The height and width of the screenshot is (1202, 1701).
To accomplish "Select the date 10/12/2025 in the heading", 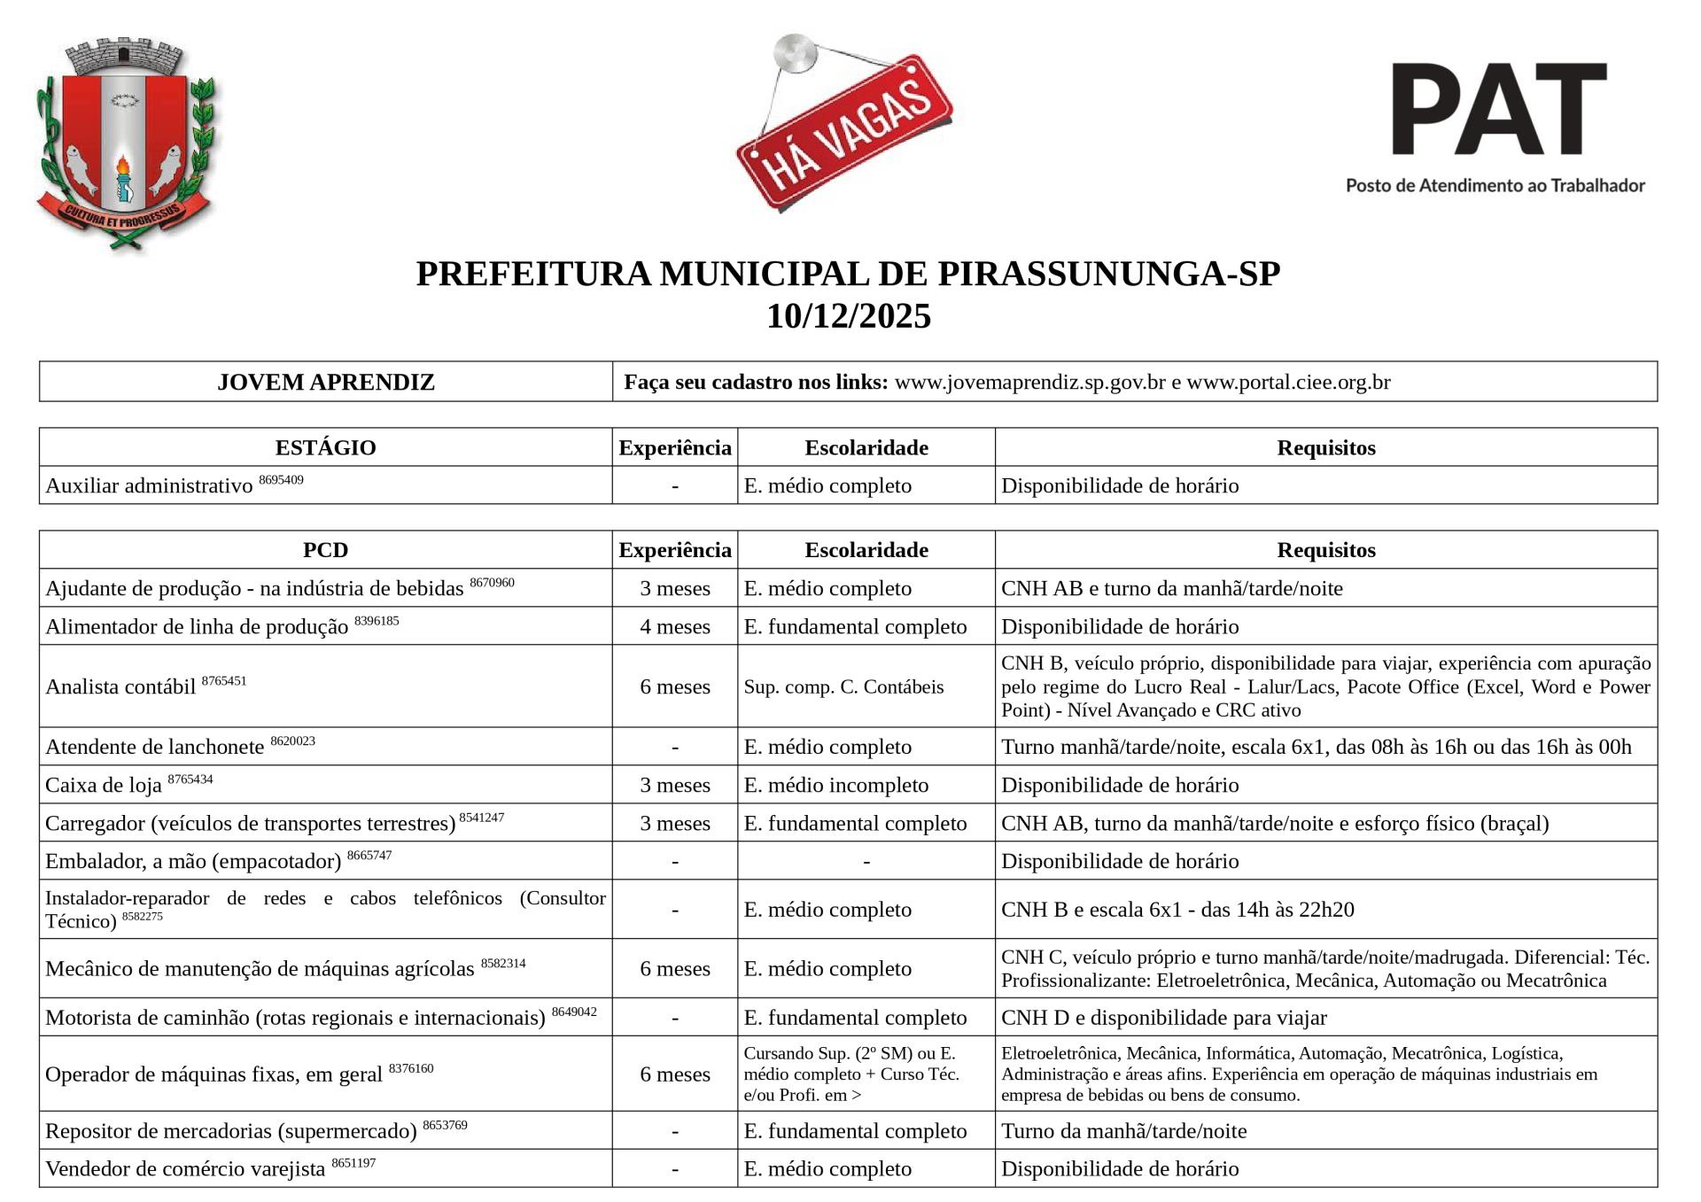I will [x=849, y=316].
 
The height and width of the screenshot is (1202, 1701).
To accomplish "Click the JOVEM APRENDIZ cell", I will [x=326, y=382].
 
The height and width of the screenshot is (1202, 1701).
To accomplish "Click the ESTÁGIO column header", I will [x=326, y=447].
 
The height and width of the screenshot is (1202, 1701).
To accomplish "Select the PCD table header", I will [x=326, y=550].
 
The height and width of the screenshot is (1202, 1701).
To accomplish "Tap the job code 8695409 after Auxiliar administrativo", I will [x=281, y=480].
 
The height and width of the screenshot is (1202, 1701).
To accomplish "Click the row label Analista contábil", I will [x=120, y=687].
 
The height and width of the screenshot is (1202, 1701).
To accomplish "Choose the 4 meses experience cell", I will [x=675, y=626].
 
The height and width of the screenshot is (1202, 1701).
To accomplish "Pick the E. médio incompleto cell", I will [x=836, y=785].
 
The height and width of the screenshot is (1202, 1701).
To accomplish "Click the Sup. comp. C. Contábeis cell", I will [x=843, y=686].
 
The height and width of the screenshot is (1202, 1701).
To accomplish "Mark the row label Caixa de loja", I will [x=104, y=786].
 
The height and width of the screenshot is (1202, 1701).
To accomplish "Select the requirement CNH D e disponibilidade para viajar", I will [x=1163, y=1017].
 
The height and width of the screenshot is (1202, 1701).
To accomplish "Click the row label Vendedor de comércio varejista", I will [x=185, y=1169].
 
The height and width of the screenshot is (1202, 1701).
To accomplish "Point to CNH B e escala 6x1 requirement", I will [x=1177, y=910].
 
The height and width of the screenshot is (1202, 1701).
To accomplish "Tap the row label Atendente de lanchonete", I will [x=155, y=748].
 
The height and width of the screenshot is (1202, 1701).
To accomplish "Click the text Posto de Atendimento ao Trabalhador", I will [x=1495, y=185].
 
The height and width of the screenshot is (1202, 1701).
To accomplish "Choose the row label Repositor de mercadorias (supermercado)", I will [x=230, y=1131].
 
